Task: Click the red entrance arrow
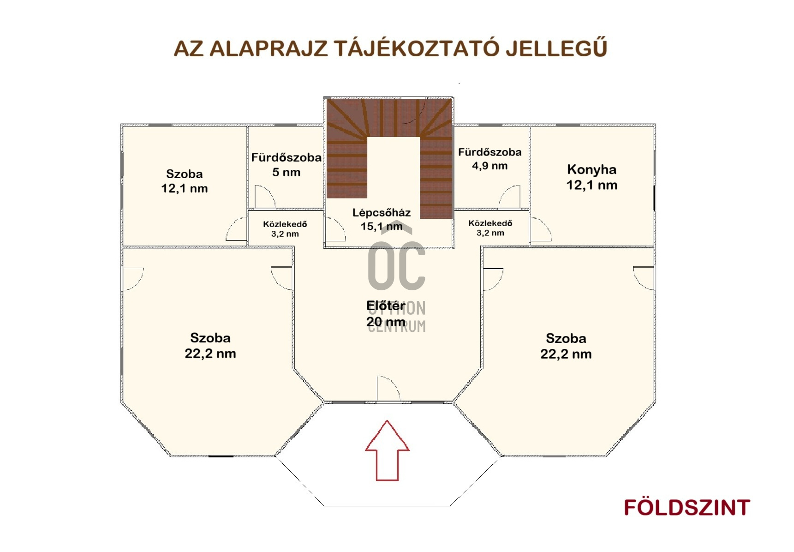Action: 387,450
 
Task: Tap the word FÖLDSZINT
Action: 687,508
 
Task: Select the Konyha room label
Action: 592,177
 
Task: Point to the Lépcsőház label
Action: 382,220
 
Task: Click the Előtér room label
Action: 386,314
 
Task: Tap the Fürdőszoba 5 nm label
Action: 287,165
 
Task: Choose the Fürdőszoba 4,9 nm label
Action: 490,159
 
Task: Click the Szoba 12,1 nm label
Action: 185,181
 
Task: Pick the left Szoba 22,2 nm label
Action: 210,346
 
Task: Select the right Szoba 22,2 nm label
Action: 566,346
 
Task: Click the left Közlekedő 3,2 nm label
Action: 285,229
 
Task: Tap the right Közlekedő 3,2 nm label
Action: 490,228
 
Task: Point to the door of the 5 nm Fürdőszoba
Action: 265,197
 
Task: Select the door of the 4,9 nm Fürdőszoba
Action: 510,197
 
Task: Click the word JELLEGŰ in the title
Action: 556,48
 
